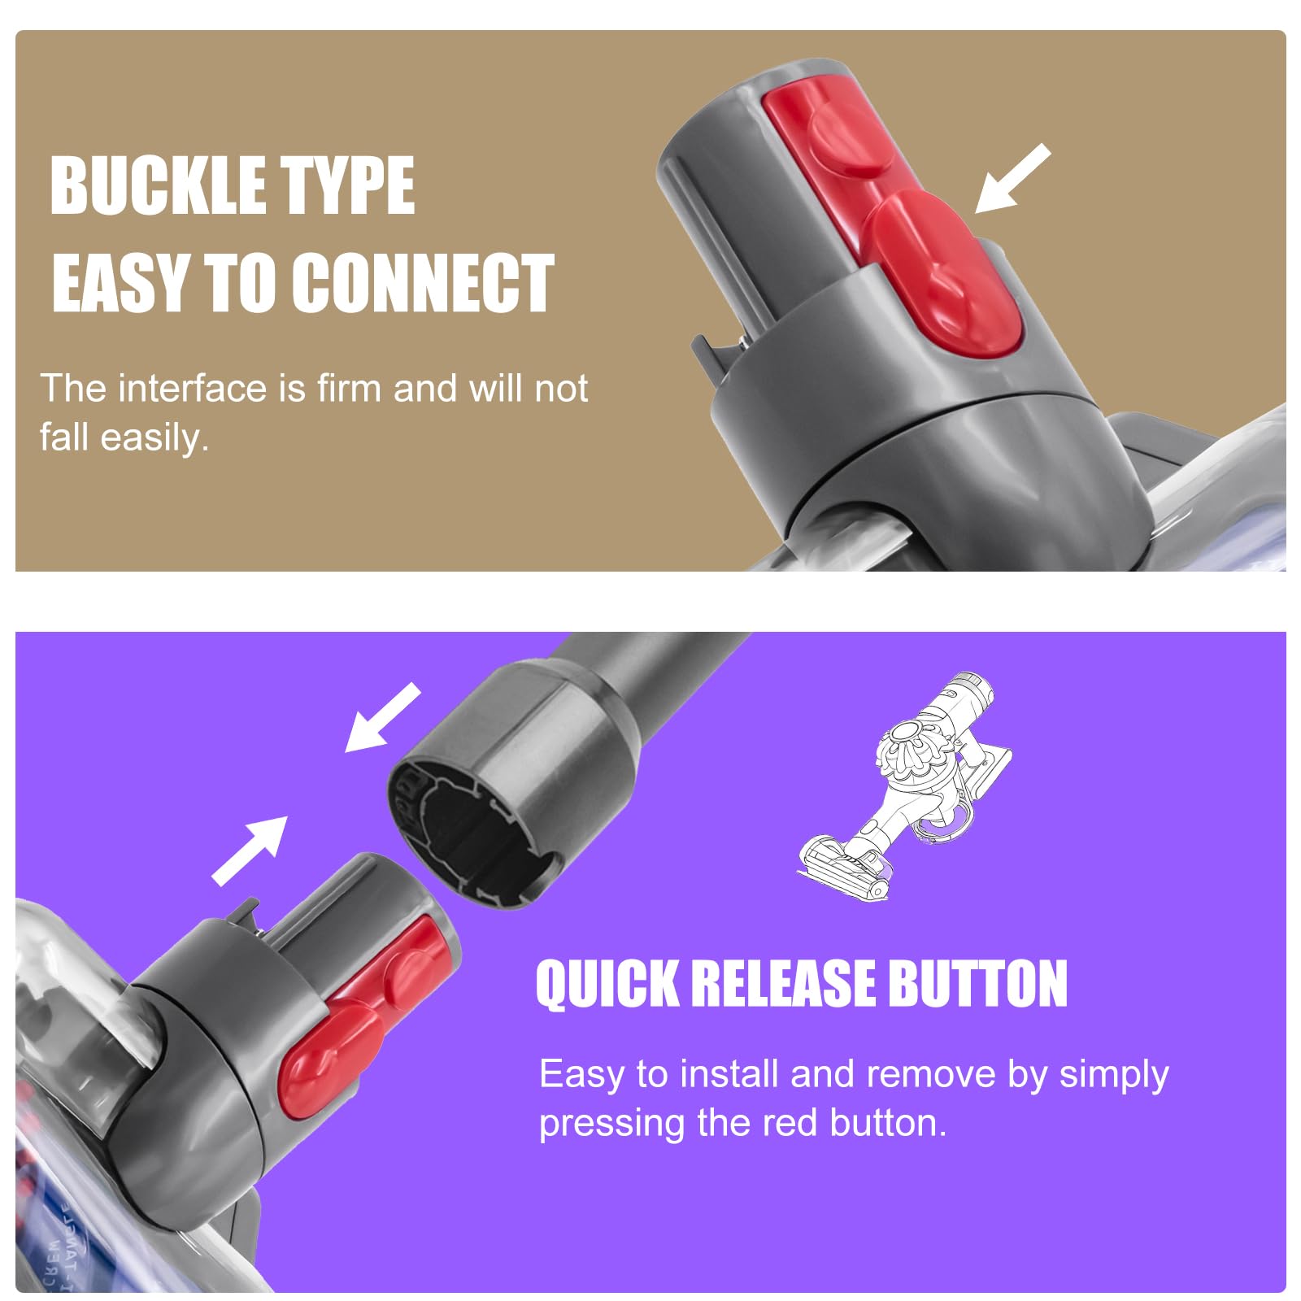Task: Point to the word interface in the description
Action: point(192,388)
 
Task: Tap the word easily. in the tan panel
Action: point(154,438)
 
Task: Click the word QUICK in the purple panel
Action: point(607,984)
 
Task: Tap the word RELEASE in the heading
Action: point(785,984)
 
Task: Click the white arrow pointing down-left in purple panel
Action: point(381,718)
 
